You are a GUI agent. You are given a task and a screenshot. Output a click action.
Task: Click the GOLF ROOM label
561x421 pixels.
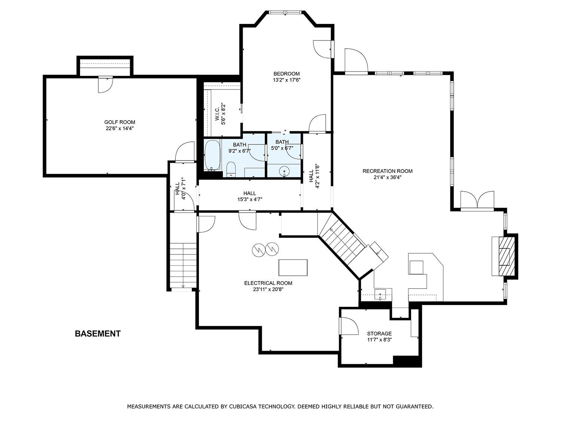(x=120, y=122)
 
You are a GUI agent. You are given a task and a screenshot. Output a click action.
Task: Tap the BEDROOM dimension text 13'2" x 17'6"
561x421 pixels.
(x=286, y=80)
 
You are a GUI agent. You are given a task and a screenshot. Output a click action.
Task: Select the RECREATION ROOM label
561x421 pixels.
(x=387, y=171)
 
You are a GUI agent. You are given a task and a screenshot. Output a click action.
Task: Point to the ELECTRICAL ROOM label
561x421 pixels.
(x=268, y=283)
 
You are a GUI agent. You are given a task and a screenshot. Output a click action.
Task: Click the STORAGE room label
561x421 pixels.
(x=379, y=333)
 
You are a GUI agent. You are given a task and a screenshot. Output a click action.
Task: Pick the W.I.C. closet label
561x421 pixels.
(x=217, y=114)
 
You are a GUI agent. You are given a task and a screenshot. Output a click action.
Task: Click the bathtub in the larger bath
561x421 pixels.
(x=213, y=155)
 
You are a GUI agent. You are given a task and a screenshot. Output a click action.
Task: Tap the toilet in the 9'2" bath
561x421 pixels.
(x=231, y=169)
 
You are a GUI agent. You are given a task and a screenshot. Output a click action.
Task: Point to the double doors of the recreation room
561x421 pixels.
(x=477, y=201)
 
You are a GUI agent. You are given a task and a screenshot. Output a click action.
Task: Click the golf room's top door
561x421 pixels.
(x=105, y=84)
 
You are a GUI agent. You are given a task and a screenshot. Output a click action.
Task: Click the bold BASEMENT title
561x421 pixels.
(x=98, y=333)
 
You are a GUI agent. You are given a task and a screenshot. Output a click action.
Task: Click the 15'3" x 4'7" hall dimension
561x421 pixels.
(x=250, y=199)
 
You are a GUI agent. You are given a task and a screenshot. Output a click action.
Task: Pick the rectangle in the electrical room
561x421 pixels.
(x=293, y=267)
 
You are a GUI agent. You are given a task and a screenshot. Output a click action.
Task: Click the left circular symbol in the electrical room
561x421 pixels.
(x=259, y=250)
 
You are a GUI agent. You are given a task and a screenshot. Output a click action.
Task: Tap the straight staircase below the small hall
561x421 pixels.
(x=183, y=266)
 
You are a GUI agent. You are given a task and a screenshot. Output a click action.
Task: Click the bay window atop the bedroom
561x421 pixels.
(x=285, y=12)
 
